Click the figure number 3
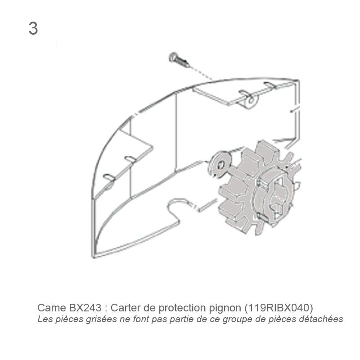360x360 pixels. click(x=33, y=28)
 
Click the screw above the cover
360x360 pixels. click(x=179, y=60)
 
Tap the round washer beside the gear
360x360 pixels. click(x=220, y=165)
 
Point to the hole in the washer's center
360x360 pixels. click(x=221, y=165)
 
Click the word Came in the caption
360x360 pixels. click(x=52, y=308)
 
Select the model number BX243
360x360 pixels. click(x=85, y=308)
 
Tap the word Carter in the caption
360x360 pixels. click(x=126, y=308)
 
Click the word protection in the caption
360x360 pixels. click(x=183, y=308)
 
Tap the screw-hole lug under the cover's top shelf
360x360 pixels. click(x=251, y=101)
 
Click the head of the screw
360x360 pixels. click(x=173, y=57)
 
